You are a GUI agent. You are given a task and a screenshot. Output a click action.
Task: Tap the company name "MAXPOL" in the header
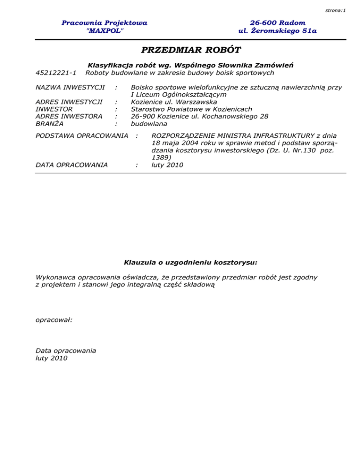[x=105, y=31]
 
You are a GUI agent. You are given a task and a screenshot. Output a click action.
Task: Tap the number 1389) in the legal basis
[x=161, y=158]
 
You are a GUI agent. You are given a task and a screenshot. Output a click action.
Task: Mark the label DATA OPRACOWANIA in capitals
[x=71, y=165]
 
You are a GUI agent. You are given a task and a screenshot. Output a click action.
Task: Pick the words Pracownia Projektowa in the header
[x=105, y=23]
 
